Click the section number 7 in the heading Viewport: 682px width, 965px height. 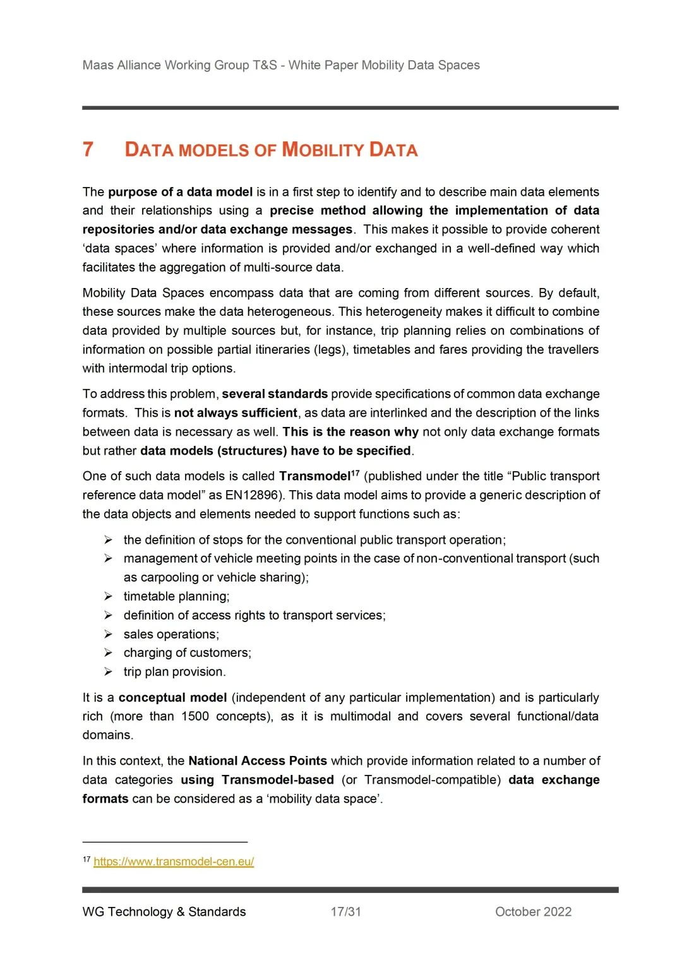pyautogui.click(x=88, y=150)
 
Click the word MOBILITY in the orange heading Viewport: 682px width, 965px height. pyautogui.click(x=322, y=150)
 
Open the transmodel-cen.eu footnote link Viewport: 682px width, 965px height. pyautogui.click(x=174, y=861)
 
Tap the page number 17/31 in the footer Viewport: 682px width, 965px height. pyautogui.click(x=345, y=911)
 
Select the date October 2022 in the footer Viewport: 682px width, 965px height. pyautogui.click(x=533, y=911)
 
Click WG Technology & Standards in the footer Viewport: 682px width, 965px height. pyautogui.click(x=164, y=911)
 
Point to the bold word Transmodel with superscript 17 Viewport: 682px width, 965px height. pyautogui.click(x=315, y=476)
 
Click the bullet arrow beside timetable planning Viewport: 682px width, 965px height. pyautogui.click(x=109, y=596)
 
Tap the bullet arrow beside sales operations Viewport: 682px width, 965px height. pyautogui.click(x=109, y=634)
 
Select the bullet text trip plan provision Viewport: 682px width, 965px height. pyautogui.click(x=174, y=672)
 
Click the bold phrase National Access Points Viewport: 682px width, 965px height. pyautogui.click(x=258, y=760)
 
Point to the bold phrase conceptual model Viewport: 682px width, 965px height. pyautogui.click(x=172, y=697)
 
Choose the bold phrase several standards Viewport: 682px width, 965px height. pyautogui.click(x=275, y=394)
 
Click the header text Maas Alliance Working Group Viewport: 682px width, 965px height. pyautogui.click(x=180, y=65)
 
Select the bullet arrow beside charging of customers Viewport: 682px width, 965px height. pyautogui.click(x=109, y=653)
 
